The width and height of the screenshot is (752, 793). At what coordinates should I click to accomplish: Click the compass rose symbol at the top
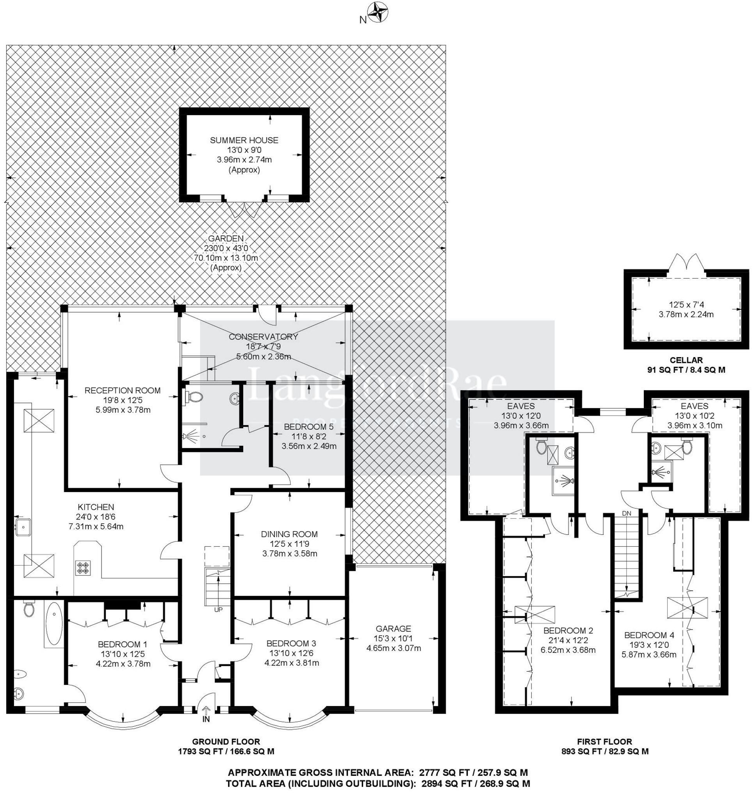(x=378, y=12)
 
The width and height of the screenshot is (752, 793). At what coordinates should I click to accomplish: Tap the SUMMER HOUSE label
(x=244, y=140)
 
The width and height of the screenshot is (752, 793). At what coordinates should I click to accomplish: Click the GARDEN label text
(x=226, y=238)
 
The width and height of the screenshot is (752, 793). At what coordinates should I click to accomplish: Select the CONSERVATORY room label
(x=264, y=336)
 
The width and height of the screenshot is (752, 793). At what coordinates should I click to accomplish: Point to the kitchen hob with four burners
(x=83, y=567)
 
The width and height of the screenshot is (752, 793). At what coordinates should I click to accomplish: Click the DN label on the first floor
(x=627, y=513)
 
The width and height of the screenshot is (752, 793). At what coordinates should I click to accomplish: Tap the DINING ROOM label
(x=289, y=534)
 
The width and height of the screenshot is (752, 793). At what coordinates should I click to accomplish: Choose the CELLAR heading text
(x=686, y=360)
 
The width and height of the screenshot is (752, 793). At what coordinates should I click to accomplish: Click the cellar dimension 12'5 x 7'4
(x=686, y=305)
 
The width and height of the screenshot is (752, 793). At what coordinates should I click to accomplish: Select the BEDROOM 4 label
(x=649, y=635)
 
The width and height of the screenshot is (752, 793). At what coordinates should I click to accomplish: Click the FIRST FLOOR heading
(x=604, y=742)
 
